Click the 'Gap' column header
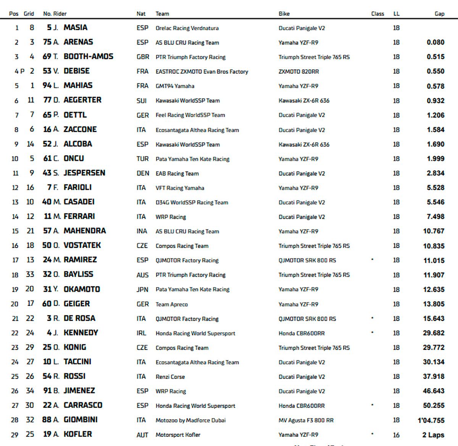pyautogui.click(x=439, y=14)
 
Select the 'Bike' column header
pyautogui.click(x=284, y=14)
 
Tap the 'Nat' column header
pyautogui.click(x=141, y=14)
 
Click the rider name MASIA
pyautogui.click(x=75, y=27)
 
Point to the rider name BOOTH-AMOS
pyautogui.click(x=88, y=57)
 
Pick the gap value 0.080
pyautogui.click(x=435, y=42)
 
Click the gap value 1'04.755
pyautogui.click(x=431, y=420)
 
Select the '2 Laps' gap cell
pyautogui.click(x=433, y=435)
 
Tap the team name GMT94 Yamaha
pyautogui.click(x=175, y=86)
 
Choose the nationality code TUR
pyautogui.click(x=142, y=159)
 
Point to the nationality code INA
pyautogui.click(x=142, y=231)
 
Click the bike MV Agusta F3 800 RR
pyautogui.click(x=306, y=420)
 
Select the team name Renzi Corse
pyautogui.click(x=170, y=377)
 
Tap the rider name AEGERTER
pyautogui.click(x=82, y=100)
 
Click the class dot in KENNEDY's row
pyautogui.click(x=372, y=333)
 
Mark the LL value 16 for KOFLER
pyautogui.click(x=396, y=435)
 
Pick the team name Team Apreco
pyautogui.click(x=171, y=304)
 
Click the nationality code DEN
pyautogui.click(x=143, y=173)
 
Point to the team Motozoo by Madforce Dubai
pyautogui.click(x=190, y=420)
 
